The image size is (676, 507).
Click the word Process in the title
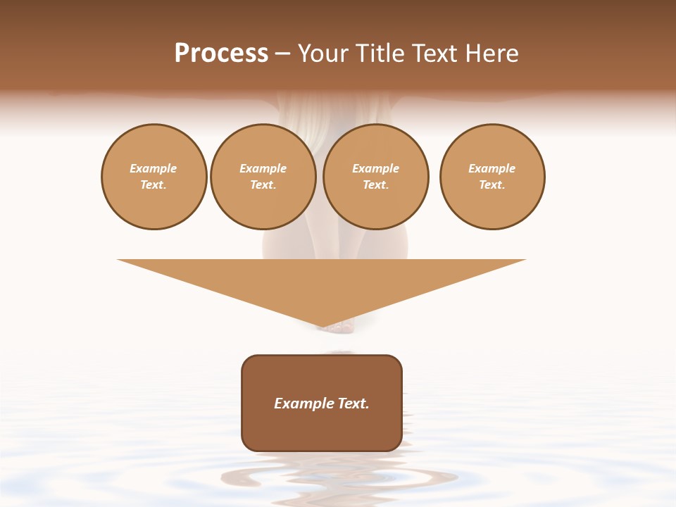(221, 54)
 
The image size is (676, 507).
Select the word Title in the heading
(378, 54)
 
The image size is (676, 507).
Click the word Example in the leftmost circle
(154, 168)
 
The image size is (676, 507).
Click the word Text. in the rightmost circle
(492, 184)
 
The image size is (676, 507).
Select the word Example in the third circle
(375, 168)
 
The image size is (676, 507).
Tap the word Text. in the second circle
(263, 184)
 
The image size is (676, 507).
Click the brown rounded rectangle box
(322, 430)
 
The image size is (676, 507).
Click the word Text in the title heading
(432, 54)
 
